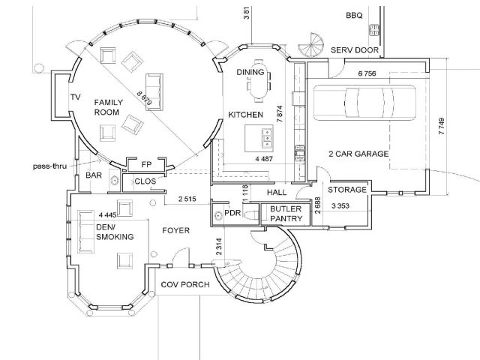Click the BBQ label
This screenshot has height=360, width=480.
click(353, 15)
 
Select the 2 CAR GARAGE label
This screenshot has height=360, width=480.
click(358, 154)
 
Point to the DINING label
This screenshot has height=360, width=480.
click(250, 72)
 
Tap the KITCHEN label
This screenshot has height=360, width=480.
click(245, 115)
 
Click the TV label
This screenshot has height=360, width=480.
click(75, 97)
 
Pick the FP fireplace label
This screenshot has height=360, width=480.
click(147, 164)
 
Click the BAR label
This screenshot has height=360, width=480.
click(94, 175)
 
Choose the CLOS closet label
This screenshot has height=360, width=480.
click(145, 181)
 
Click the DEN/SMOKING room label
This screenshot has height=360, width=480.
click(115, 232)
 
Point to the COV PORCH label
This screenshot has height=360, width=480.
click(184, 285)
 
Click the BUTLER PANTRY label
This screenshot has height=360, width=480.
click(286, 214)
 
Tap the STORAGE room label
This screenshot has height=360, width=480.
click(347, 190)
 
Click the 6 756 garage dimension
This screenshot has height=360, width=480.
click(367, 74)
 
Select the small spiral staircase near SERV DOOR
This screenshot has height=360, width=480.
click(309, 46)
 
